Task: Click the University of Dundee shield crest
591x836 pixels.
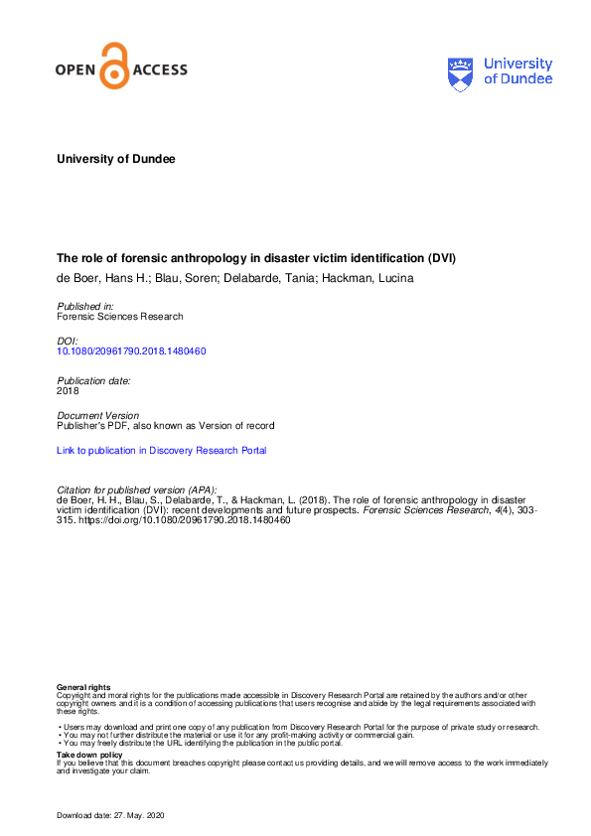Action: coord(461,71)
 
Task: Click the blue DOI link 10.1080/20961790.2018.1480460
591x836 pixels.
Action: coord(131,351)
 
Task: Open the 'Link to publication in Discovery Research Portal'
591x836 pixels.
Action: coord(161,451)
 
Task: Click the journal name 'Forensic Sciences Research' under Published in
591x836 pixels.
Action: coord(119,317)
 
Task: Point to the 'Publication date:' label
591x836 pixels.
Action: coord(93,380)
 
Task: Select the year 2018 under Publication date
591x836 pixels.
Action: coord(68,391)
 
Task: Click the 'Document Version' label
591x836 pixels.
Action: coord(98,415)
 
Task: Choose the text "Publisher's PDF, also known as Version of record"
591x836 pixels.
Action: coord(165,426)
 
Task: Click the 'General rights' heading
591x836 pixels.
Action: coord(83,687)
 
